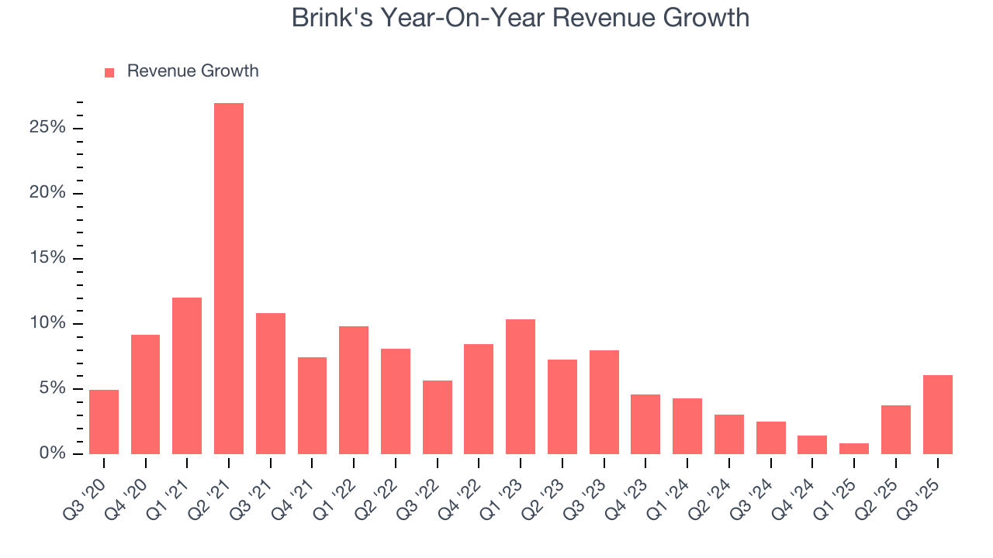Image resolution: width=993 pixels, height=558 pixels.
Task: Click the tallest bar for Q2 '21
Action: [229, 279]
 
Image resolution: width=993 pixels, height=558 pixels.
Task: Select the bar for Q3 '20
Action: [104, 422]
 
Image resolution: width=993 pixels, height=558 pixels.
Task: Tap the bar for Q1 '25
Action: [854, 449]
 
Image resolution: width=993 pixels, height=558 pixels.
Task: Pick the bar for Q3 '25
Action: [937, 415]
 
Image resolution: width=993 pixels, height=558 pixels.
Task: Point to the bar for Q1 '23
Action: [521, 387]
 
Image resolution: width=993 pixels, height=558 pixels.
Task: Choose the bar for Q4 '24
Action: [812, 445]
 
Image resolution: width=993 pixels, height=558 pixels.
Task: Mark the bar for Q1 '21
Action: [187, 376]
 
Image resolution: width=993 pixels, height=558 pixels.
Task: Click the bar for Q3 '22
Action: [437, 417]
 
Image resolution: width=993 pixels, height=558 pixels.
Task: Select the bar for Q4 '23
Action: [645, 424]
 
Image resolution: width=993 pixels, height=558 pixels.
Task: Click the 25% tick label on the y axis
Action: [47, 128]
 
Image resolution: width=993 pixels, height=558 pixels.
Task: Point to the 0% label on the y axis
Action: [52, 453]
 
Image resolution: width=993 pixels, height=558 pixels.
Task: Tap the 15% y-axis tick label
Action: [47, 258]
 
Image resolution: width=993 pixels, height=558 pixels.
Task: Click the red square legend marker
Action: [109, 72]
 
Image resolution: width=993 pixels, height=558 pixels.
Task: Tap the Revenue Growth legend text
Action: [192, 71]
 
